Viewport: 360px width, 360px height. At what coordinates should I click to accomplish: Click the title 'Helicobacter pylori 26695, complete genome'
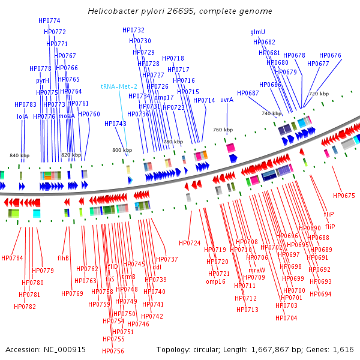click(x=179, y=11)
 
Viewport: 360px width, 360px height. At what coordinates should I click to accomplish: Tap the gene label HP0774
click(x=49, y=20)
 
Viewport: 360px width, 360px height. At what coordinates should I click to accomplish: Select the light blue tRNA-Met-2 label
click(x=119, y=86)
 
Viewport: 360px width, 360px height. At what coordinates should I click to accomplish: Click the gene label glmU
click(x=257, y=32)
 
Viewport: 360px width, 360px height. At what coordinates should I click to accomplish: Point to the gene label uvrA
click(x=226, y=100)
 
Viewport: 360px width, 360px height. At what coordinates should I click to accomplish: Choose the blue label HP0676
click(x=330, y=55)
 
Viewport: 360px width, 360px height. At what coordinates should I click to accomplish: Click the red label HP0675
click(x=344, y=196)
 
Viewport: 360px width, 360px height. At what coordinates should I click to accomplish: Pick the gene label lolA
click(x=23, y=116)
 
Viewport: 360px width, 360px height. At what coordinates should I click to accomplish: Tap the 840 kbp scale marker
click(x=19, y=155)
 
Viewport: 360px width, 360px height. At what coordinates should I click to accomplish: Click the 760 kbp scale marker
click(x=223, y=130)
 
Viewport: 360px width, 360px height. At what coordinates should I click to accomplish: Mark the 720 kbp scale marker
click(x=319, y=94)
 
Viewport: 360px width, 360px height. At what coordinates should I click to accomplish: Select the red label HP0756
click(x=113, y=351)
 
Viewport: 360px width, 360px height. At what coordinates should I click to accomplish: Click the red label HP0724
click(x=190, y=243)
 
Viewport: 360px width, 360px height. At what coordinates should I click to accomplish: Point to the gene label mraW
click(x=257, y=270)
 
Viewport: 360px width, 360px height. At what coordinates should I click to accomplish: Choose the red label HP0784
click(x=12, y=258)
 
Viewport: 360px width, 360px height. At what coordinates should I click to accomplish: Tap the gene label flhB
click(x=63, y=258)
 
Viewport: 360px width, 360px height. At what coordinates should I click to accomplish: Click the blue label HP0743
click(x=115, y=124)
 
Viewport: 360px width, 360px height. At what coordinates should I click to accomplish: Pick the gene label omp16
click(x=215, y=281)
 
